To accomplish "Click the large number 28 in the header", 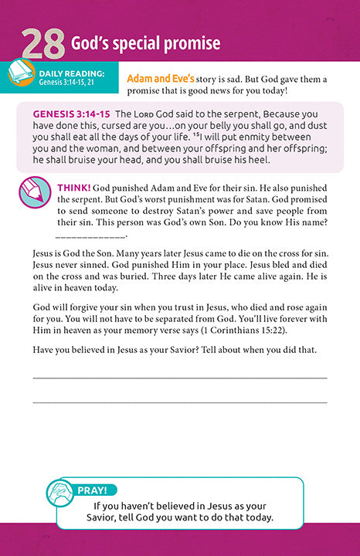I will [x=42, y=46].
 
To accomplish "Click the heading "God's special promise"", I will [x=146, y=43].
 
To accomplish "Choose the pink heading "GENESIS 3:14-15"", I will [x=71, y=114].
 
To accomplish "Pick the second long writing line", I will [x=179, y=402].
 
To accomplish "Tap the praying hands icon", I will [x=60, y=492].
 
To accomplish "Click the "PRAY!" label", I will [x=97, y=490].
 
